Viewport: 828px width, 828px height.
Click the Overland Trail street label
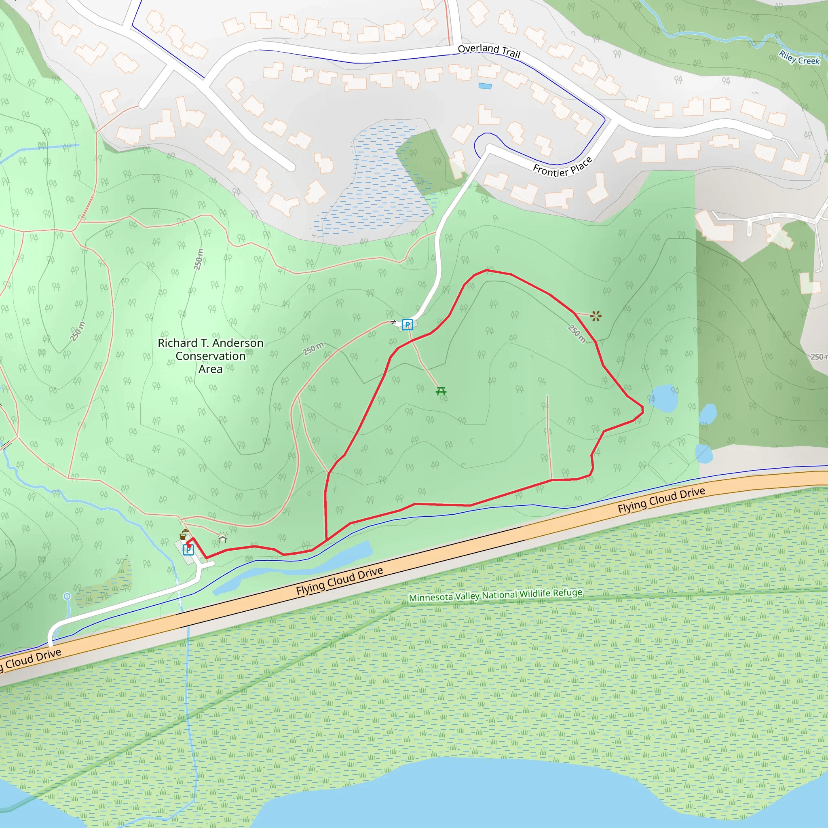[489, 51]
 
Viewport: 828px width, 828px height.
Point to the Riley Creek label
[799, 58]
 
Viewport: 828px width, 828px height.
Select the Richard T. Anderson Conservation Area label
[210, 356]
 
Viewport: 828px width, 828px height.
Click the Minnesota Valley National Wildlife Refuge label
[495, 595]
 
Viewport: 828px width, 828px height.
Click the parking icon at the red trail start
[188, 550]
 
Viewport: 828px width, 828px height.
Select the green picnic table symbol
[441, 391]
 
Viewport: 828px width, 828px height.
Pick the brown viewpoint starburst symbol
[596, 316]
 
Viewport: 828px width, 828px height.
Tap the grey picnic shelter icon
[222, 538]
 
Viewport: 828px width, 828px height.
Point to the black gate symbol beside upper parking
[393, 322]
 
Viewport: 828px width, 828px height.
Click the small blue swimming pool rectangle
[485, 86]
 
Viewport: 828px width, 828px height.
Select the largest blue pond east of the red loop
[664, 398]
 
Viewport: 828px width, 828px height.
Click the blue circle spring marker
[67, 596]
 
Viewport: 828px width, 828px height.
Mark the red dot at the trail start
[189, 545]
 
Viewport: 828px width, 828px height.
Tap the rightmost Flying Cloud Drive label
[661, 500]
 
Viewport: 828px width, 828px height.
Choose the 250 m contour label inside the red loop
[577, 333]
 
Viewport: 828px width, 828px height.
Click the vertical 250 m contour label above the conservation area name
[199, 259]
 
